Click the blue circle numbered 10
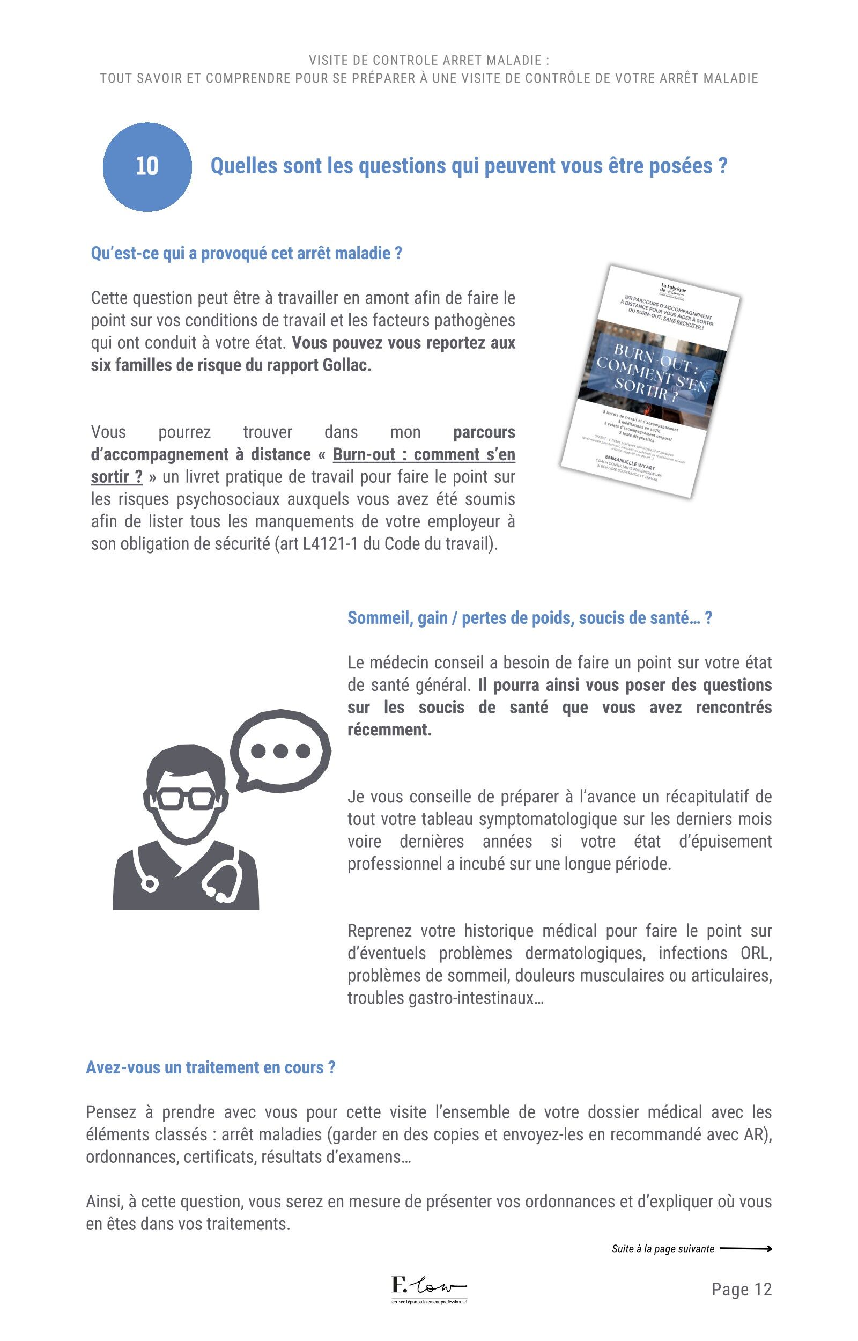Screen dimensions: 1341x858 (147, 167)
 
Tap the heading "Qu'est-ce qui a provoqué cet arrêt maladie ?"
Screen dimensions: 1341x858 (246, 254)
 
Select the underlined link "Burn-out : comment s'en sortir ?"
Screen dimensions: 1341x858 (424, 455)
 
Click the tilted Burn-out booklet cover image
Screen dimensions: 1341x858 (649, 381)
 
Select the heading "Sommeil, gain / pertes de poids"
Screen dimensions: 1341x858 (529, 618)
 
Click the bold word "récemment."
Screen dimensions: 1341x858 (389, 730)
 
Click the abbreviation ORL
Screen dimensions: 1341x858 (756, 953)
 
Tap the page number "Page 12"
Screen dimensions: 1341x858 (742, 1289)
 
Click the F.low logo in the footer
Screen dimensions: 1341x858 (428, 1287)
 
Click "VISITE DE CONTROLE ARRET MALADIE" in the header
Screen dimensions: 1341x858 (429, 60)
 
